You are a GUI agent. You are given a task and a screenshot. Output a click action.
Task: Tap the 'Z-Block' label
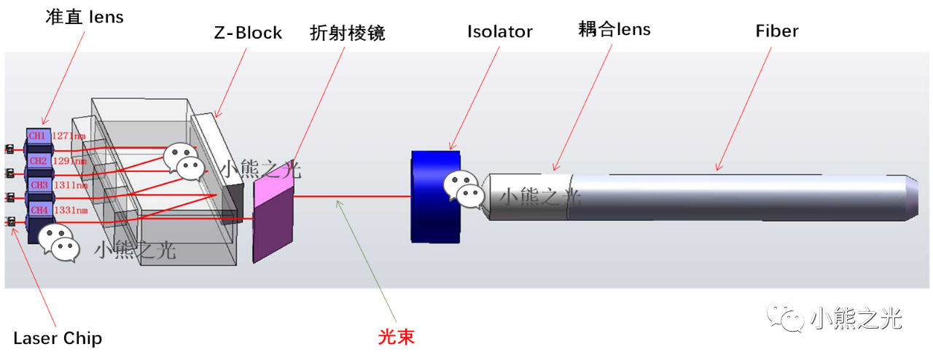pos(248,34)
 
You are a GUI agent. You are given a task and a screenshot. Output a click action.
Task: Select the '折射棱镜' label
pos(347,34)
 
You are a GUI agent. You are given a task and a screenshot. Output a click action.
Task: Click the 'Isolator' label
pos(500,32)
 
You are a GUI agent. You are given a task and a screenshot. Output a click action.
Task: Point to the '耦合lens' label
pos(614,30)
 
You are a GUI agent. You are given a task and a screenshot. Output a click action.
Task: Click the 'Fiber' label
pos(777,31)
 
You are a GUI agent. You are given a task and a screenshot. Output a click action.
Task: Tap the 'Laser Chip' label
pos(58,339)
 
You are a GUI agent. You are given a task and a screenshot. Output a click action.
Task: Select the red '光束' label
pos(396,338)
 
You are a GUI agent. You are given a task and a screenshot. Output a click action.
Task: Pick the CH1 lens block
pos(37,136)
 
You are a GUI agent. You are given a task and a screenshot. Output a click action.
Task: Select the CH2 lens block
pos(38,161)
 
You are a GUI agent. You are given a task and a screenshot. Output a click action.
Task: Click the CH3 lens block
pos(38,186)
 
